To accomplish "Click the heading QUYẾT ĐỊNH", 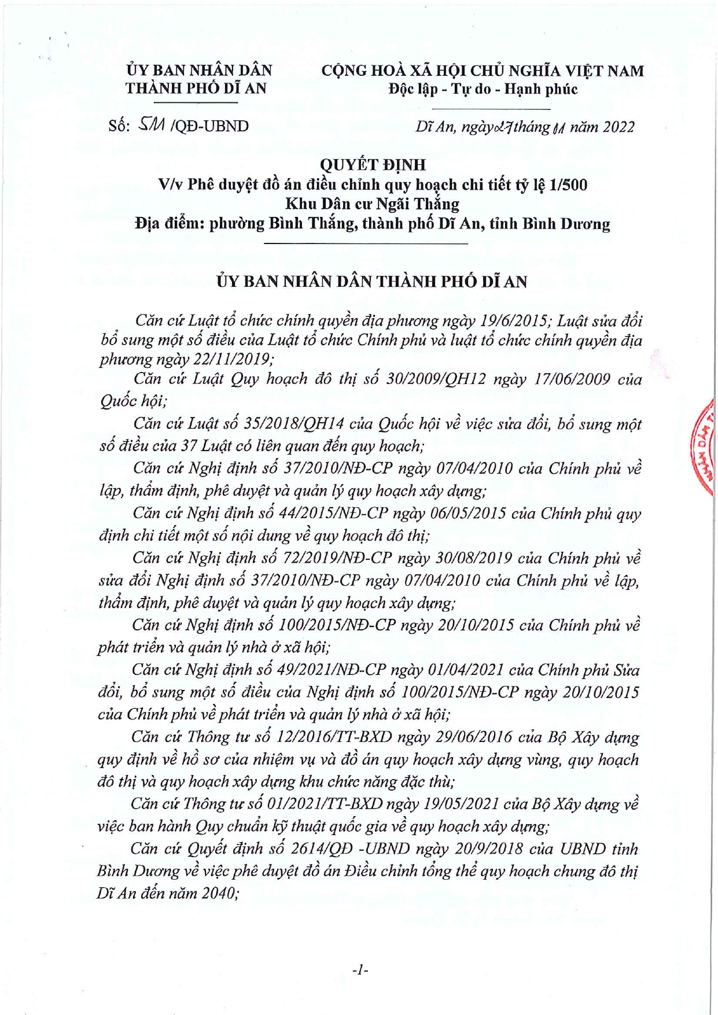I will coord(373,165).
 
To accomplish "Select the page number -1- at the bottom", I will coord(360,970).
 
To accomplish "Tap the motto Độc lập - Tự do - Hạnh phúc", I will coord(483,89).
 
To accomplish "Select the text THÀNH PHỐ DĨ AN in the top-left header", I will coord(196,88).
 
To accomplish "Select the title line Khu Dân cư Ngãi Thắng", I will coord(372,204).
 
